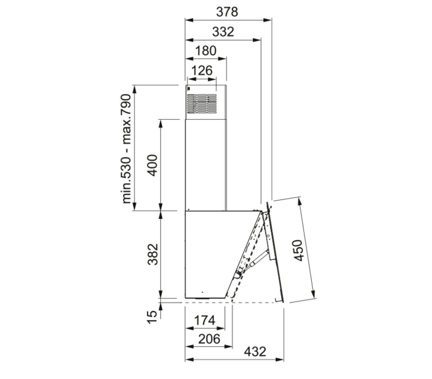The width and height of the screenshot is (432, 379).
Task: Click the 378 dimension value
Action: pyautogui.click(x=227, y=12)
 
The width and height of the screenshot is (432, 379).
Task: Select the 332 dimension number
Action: pyautogui.click(x=223, y=32)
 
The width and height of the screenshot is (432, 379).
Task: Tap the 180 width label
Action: pyautogui.click(x=206, y=51)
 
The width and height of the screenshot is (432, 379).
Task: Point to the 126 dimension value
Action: pyautogui.click(x=202, y=71)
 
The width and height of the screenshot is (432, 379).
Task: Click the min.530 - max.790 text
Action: pyautogui.click(x=126, y=149)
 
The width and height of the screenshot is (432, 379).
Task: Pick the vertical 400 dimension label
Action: pyautogui.click(x=152, y=165)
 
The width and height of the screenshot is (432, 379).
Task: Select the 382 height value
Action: pyautogui.click(x=152, y=254)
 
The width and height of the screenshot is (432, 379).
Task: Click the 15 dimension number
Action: pyautogui.click(x=152, y=317)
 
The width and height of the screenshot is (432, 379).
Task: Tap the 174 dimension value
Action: pyautogui.click(x=205, y=320)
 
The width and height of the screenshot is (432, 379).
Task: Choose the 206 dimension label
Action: pyautogui.click(x=210, y=339)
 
